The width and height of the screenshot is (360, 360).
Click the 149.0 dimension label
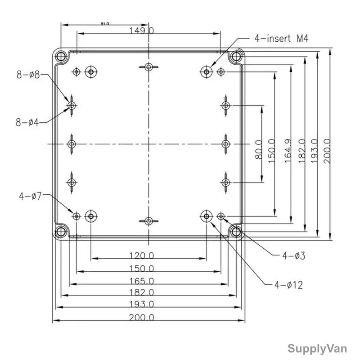pos(141,30)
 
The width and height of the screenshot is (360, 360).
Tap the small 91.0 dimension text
pos(105,23)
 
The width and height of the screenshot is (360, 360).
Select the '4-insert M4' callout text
pos(281,38)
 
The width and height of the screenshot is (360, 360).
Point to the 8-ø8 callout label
pos(28,75)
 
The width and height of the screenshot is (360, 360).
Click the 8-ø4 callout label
pos(27,122)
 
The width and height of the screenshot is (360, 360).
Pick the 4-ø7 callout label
pos(30,196)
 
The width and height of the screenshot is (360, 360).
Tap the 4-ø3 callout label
pos(293,256)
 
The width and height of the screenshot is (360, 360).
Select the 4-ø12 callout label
pos(289,285)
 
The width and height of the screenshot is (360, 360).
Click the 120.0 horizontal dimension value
pos(141,256)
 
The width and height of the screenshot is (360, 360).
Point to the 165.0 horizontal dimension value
pos(141,281)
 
